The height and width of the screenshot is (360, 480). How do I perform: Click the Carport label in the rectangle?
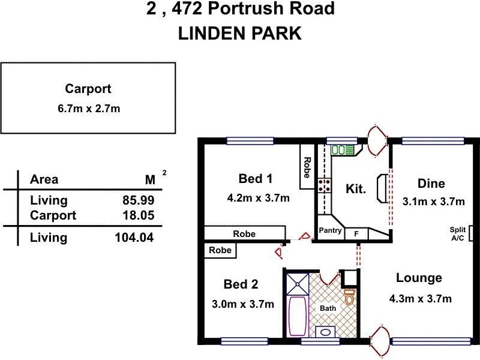tap(88, 89)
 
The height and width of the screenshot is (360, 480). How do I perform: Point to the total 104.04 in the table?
tap(134, 238)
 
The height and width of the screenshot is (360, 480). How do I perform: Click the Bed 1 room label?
tap(256, 179)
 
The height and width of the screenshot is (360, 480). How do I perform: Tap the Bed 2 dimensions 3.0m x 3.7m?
tap(243, 304)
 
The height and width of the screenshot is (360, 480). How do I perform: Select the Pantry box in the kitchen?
tap(330, 231)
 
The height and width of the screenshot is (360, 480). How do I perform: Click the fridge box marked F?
tap(356, 233)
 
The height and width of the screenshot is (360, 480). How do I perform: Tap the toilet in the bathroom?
tap(349, 297)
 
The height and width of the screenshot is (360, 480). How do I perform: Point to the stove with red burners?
tap(325, 185)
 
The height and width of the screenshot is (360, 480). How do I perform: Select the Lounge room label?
tap(419, 278)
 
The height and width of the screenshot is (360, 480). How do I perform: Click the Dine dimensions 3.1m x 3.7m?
tap(433, 202)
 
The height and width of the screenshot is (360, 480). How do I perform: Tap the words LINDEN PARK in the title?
tap(239, 34)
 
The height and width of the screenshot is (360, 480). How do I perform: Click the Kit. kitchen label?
tap(356, 188)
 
